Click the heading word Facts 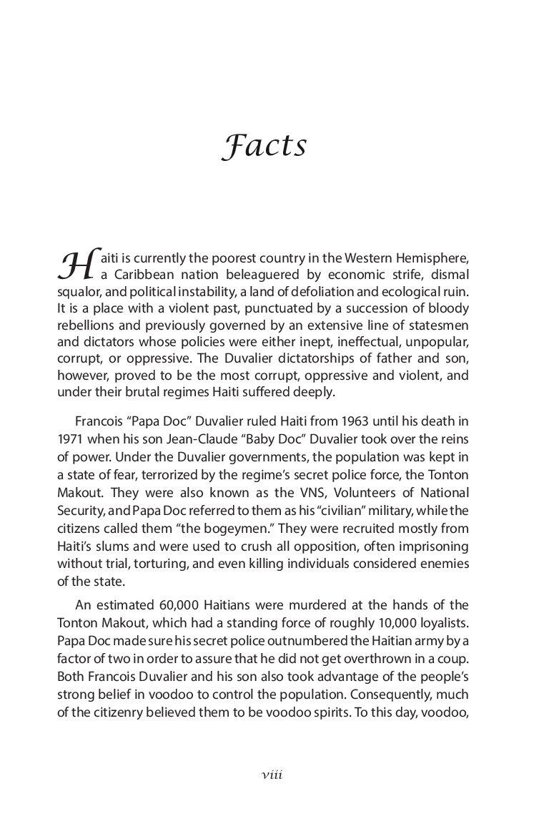point(264,145)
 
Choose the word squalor point(79,292)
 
